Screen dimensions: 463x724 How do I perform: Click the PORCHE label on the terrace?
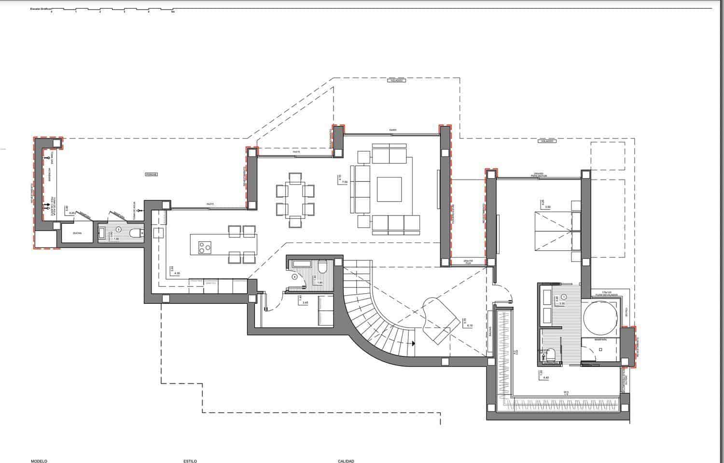152,174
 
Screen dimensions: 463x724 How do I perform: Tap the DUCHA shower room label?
77,233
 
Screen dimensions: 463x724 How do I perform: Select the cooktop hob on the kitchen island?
205,247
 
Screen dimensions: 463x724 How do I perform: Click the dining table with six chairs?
295,199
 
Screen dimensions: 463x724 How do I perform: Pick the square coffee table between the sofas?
389,189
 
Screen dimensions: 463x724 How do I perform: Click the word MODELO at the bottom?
39,461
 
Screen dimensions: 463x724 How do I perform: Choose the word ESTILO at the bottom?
190,461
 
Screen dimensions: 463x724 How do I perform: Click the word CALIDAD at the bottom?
346,461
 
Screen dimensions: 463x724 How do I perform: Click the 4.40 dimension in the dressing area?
546,378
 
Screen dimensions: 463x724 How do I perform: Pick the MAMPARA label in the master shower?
600,340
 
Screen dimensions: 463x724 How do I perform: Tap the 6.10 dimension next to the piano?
470,326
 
